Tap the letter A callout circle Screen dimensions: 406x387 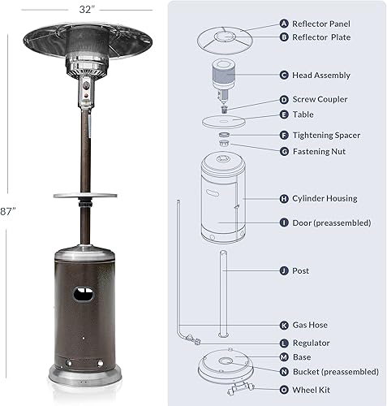(x=284, y=24)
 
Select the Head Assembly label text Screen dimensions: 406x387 (x=321, y=76)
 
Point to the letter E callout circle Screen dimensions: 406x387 (x=284, y=114)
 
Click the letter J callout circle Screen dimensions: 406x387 (x=284, y=270)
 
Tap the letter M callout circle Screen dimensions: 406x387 (x=284, y=357)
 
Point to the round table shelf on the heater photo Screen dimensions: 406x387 (x=87, y=193)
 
